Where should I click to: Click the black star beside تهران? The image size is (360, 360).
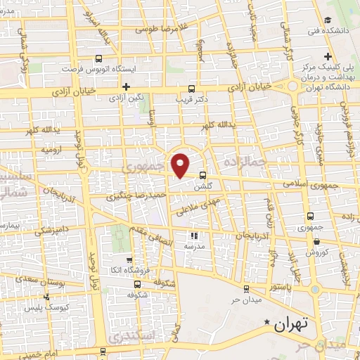click(x=267, y=323)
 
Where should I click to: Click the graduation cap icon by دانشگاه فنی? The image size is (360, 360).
click(x=328, y=20)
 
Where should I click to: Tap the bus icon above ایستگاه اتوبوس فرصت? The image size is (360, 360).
click(x=98, y=60)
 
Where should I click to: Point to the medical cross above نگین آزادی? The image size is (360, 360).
click(x=125, y=87)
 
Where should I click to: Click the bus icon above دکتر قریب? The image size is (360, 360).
click(x=192, y=89)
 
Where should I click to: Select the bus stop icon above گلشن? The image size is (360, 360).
click(x=203, y=175)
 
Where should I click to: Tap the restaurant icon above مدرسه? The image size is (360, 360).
click(x=195, y=236)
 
